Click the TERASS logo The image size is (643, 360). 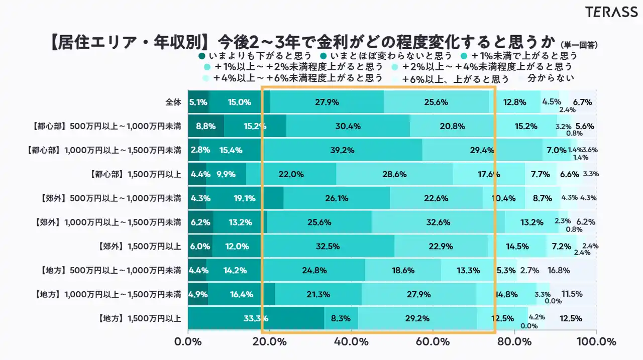pyautogui.click(x=611, y=13)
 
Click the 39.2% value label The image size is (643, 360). pyautogui.click(x=342, y=150)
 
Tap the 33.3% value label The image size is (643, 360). pyautogui.click(x=256, y=318)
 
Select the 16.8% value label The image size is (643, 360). pyautogui.click(x=559, y=270)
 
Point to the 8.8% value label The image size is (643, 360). pyautogui.click(x=202, y=127)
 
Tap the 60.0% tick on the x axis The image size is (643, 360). pyautogui.click(x=433, y=342)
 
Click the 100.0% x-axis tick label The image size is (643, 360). pyautogui.click(x=596, y=342)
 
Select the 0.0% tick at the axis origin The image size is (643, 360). pyautogui.click(x=188, y=342)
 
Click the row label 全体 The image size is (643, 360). pyautogui.click(x=173, y=102)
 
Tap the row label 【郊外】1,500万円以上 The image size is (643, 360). pyautogui.click(x=139, y=246)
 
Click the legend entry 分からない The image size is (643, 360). pyautogui.click(x=551, y=78)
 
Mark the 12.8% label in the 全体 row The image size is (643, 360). pyautogui.click(x=514, y=102)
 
